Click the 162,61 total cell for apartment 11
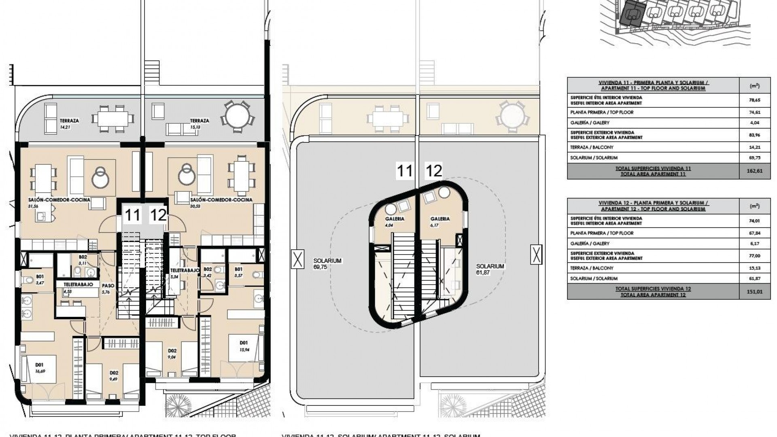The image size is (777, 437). pyautogui.click(x=754, y=171)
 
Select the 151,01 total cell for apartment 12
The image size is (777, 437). pyautogui.click(x=754, y=292)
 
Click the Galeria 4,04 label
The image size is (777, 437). pyautogui.click(x=395, y=221)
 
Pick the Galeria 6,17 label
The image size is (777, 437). pyautogui.click(x=440, y=221)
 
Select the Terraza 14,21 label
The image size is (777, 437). pyautogui.click(x=69, y=123)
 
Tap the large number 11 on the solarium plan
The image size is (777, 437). pyautogui.click(x=404, y=171)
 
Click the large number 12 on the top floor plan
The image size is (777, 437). pyautogui.click(x=158, y=215)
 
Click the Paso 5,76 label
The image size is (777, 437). pyautogui.click(x=108, y=288)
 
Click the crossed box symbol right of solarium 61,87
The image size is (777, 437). pyautogui.click(x=536, y=255)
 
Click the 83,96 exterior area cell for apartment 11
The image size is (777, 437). pyautogui.click(x=754, y=135)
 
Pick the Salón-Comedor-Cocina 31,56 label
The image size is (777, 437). pyautogui.click(x=59, y=202)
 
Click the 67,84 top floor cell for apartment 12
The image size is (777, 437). pyautogui.click(x=754, y=233)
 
